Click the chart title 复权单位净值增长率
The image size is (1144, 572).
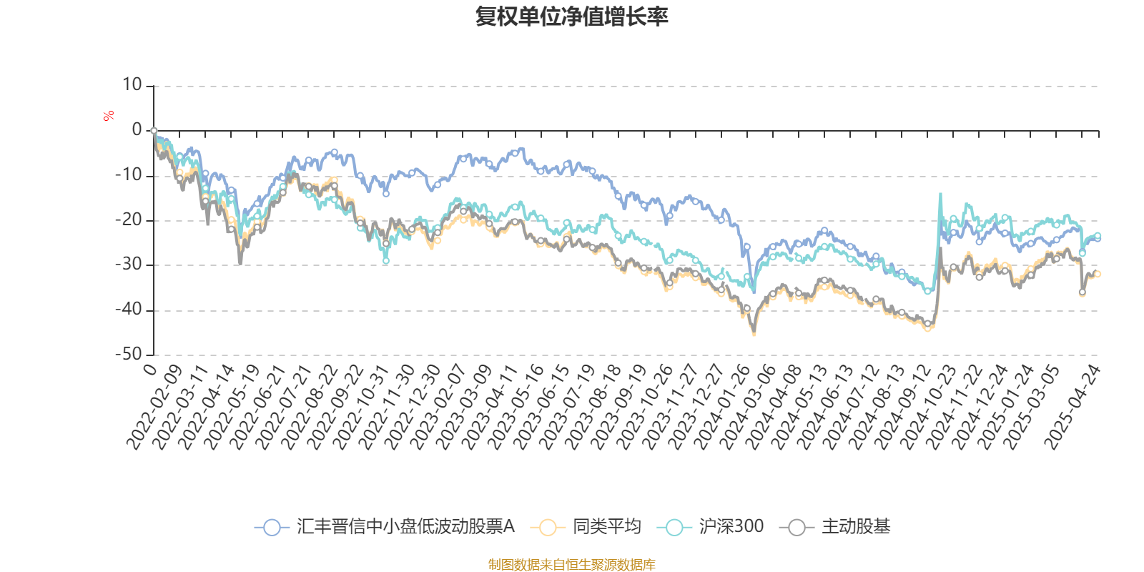coord(571,16)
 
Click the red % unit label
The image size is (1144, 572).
coord(109,115)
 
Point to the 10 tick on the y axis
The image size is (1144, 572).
coord(132,85)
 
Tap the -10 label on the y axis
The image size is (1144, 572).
coord(129,175)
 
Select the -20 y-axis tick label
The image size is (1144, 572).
coord(129,220)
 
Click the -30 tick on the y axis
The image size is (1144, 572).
coord(129,265)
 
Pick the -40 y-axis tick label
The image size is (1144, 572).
coord(129,310)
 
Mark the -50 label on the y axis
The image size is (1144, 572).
coord(129,354)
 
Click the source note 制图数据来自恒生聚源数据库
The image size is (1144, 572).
coord(571,565)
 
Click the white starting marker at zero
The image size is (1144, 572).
coord(154,131)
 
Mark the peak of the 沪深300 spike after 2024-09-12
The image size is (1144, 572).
coord(940,193)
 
